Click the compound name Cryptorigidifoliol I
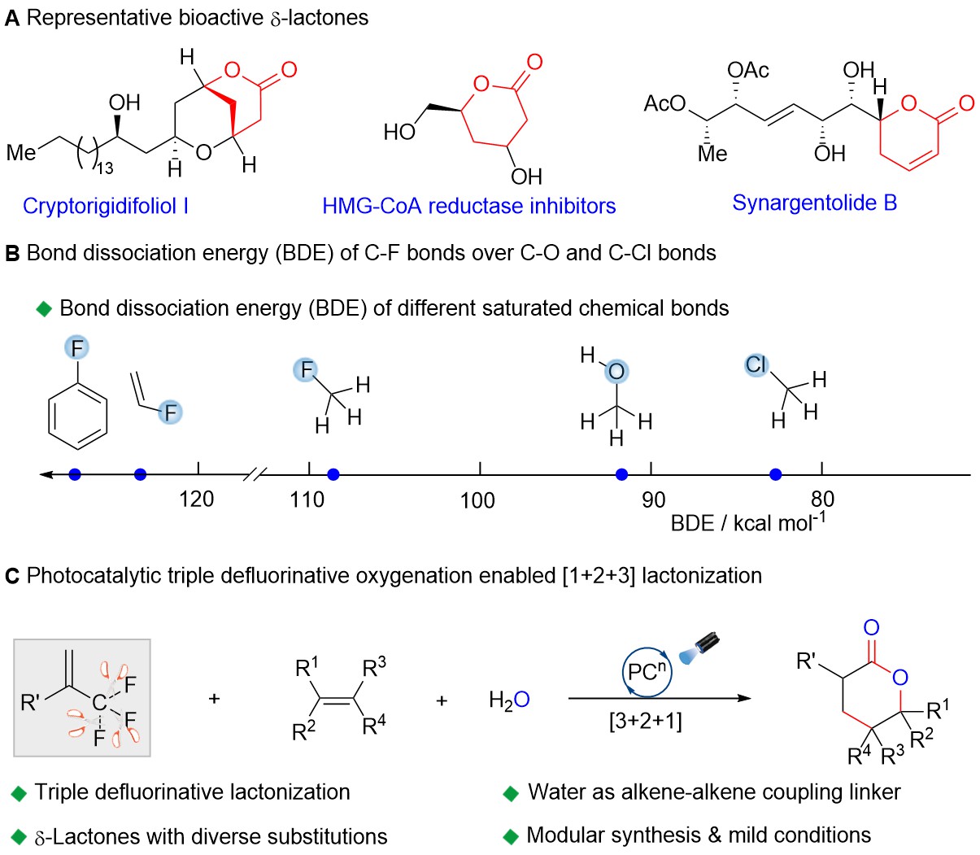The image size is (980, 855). point(106,206)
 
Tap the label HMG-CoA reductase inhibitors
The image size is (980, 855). point(468,206)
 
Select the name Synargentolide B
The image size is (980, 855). point(814,203)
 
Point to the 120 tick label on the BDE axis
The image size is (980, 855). point(197,499)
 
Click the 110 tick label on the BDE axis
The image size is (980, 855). point(307,499)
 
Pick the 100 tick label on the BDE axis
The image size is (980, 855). point(477,500)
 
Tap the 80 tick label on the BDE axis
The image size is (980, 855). point(822,499)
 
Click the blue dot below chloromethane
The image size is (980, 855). point(776,474)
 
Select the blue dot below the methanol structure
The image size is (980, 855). point(622,474)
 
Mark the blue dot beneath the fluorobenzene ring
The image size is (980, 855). point(75,474)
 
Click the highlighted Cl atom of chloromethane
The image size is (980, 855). point(756,365)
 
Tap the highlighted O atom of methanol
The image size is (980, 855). point(616,372)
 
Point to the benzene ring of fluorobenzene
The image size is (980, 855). point(78,415)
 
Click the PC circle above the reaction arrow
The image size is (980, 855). point(647,673)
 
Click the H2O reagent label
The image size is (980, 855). point(509,699)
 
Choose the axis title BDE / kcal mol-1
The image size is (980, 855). point(747,521)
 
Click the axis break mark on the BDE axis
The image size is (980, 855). point(255,474)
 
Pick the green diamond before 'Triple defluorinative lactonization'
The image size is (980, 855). point(19,794)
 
